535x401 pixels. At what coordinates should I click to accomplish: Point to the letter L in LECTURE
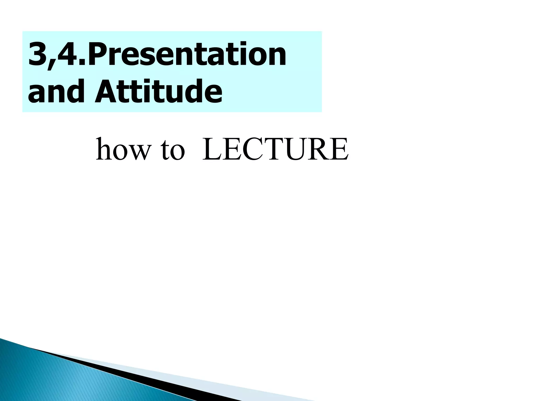click(x=212, y=150)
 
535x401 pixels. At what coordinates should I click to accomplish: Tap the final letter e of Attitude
click(x=213, y=95)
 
